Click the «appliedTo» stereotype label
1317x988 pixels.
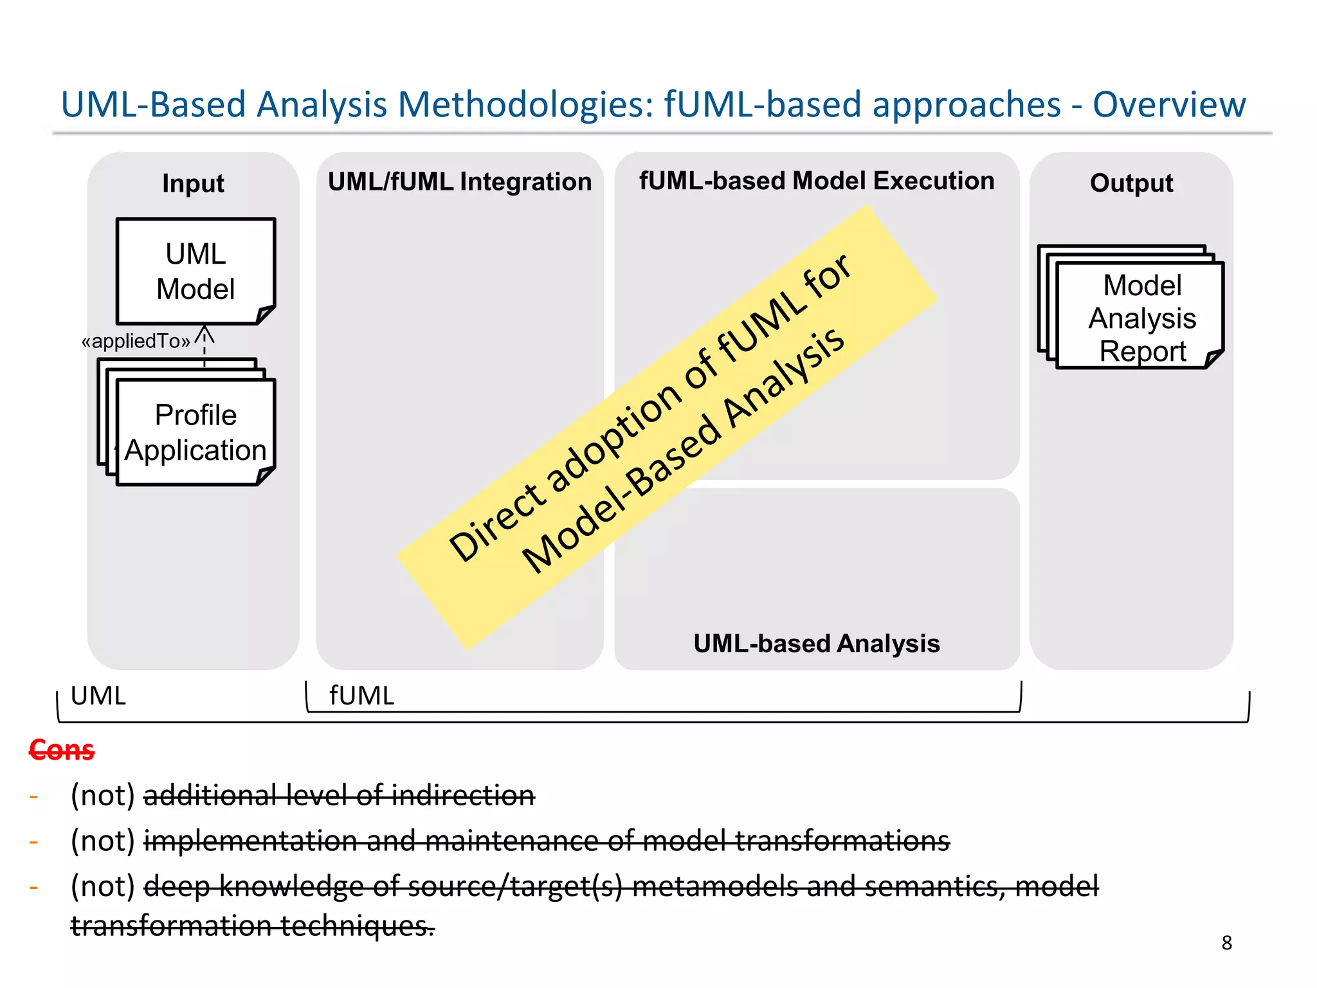[136, 341]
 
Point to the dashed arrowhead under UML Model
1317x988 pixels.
[204, 334]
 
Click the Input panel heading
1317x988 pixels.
[193, 184]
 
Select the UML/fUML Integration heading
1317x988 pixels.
[459, 182]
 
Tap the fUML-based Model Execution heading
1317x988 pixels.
[816, 181]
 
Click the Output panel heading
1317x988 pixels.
[1131, 183]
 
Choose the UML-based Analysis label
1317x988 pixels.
[816, 644]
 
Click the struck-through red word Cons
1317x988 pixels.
[62, 750]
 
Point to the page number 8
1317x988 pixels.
[1226, 943]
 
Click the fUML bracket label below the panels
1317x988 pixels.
[361, 696]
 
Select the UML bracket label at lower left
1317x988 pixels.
[98, 696]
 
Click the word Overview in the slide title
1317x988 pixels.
[1168, 105]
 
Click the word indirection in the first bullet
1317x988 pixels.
[463, 796]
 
